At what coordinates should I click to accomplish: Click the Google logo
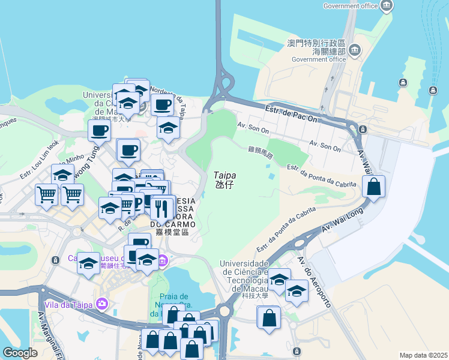20,353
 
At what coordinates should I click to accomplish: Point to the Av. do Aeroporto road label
314,282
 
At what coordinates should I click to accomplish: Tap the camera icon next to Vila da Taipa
102,304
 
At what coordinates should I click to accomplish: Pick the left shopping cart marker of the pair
46,194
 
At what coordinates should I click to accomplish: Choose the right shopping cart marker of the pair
71,194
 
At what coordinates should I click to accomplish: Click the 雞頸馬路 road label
261,152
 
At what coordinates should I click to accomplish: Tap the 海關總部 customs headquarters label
316,52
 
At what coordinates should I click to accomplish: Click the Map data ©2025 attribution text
423,355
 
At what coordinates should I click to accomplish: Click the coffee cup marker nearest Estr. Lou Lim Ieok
99,130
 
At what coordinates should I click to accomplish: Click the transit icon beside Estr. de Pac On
363,129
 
